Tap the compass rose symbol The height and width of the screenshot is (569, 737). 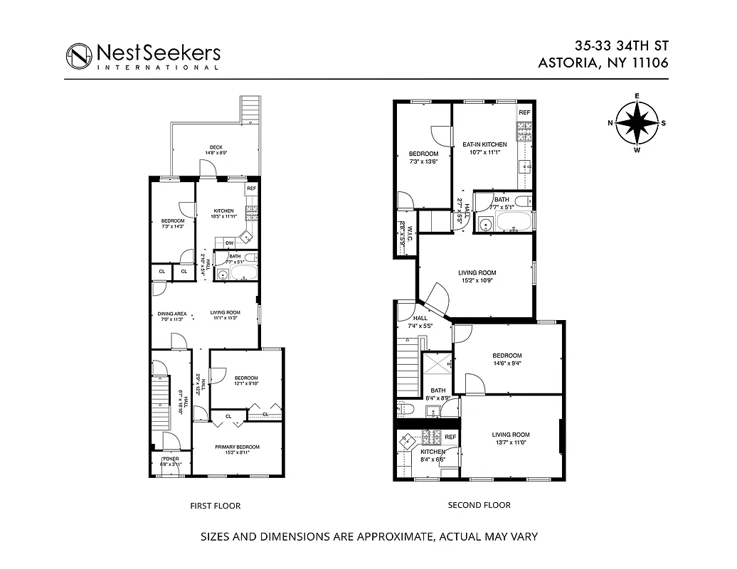tap(637, 123)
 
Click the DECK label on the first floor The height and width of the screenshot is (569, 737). tap(216, 147)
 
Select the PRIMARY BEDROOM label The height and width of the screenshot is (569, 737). tap(238, 447)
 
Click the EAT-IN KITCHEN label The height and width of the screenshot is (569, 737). tap(483, 144)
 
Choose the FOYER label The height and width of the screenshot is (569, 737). tap(170, 459)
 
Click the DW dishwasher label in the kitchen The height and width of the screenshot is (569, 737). tap(230, 243)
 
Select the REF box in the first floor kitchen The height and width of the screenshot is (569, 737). tap(250, 188)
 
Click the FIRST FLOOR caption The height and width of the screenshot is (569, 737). tap(215, 506)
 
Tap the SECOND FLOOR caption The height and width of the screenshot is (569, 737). tap(479, 506)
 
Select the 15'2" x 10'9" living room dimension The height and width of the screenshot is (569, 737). tap(477, 280)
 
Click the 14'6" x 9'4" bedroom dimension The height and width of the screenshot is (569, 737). tap(507, 363)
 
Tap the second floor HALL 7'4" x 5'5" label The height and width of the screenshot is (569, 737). tap(420, 326)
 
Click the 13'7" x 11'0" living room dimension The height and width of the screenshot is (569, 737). tap(511, 442)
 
